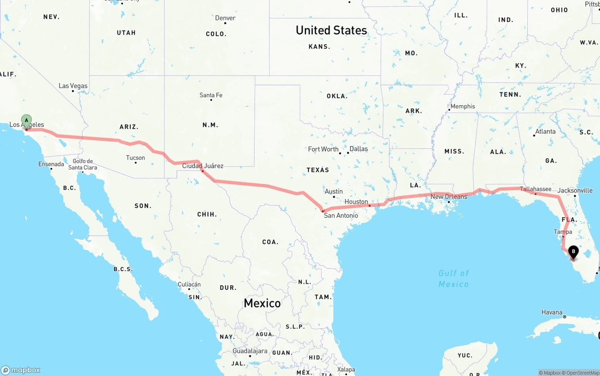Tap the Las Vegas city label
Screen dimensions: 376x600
(x=73, y=86)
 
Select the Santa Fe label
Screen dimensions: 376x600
(x=211, y=95)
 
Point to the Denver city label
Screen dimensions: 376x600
(x=225, y=18)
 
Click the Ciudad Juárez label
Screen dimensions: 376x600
(x=202, y=166)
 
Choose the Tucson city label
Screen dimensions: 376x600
(x=135, y=158)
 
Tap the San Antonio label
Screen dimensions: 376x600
(x=341, y=215)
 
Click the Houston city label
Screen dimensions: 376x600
(x=356, y=202)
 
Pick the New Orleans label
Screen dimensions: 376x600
(x=449, y=197)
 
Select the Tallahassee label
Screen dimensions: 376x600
(x=536, y=189)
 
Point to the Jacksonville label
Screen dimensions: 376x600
(x=575, y=191)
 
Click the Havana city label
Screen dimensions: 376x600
(x=552, y=312)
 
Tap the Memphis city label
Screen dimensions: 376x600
(x=463, y=106)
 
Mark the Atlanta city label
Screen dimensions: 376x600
(x=546, y=132)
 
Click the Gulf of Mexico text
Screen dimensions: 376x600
(x=453, y=279)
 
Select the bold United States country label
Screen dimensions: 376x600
(x=331, y=30)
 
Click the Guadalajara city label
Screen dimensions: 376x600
(x=249, y=351)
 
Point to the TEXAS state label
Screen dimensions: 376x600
(x=318, y=170)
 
